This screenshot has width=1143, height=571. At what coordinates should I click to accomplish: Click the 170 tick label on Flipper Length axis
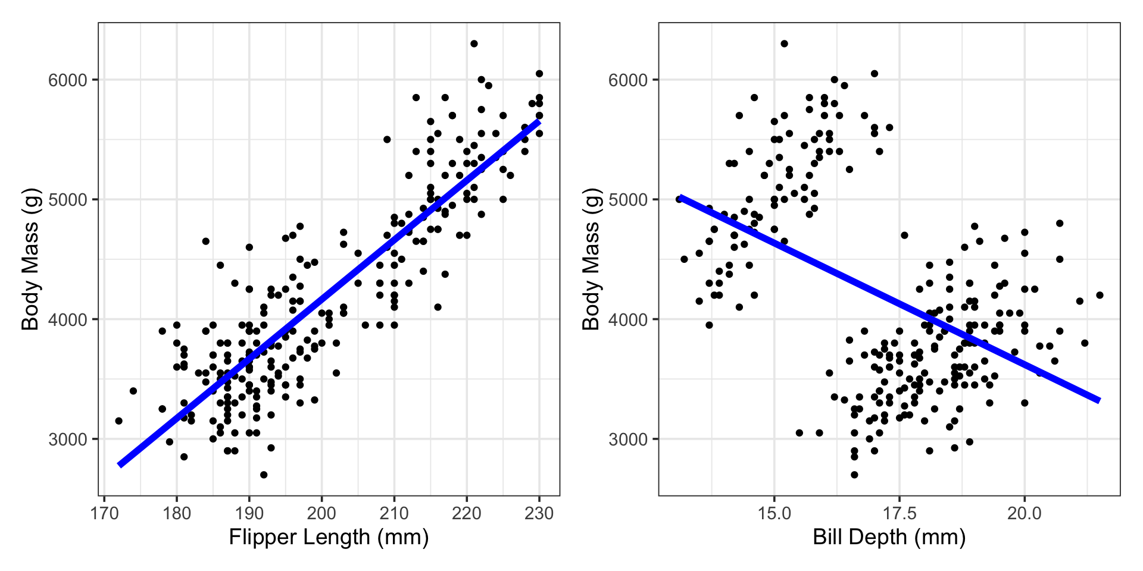pyautogui.click(x=104, y=513)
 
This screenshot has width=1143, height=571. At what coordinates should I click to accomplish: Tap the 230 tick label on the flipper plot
pyautogui.click(x=539, y=513)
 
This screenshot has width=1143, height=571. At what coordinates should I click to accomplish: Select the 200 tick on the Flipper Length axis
pyautogui.click(x=322, y=513)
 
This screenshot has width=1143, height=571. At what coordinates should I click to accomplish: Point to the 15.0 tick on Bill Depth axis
pyautogui.click(x=774, y=513)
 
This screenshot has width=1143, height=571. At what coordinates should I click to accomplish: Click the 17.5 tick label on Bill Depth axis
pyautogui.click(x=899, y=513)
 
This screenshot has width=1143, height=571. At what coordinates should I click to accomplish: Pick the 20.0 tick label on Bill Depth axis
pyautogui.click(x=1024, y=513)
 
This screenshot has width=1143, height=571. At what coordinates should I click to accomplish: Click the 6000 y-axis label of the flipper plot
pyautogui.click(x=67, y=80)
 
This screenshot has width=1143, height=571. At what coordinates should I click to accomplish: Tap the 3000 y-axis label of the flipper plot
pyautogui.click(x=67, y=440)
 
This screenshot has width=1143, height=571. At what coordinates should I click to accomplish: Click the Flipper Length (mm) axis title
pyautogui.click(x=329, y=537)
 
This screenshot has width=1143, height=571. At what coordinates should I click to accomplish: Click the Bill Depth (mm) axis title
pyautogui.click(x=889, y=537)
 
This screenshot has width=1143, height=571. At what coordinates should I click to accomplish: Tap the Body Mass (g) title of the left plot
pyautogui.click(x=30, y=259)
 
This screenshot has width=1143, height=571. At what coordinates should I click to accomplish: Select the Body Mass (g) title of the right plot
pyautogui.click(x=591, y=259)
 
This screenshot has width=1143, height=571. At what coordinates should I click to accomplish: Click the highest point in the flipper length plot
pyautogui.click(x=474, y=43)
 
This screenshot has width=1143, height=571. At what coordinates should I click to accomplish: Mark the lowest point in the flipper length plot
pyautogui.click(x=264, y=475)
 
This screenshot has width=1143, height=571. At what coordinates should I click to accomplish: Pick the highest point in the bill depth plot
pyautogui.click(x=784, y=43)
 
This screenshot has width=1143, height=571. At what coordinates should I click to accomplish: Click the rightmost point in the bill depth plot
pyautogui.click(x=1100, y=295)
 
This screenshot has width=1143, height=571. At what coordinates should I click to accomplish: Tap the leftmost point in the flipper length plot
pyautogui.click(x=118, y=421)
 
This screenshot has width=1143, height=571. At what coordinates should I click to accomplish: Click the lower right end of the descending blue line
pyautogui.click(x=1098, y=400)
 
